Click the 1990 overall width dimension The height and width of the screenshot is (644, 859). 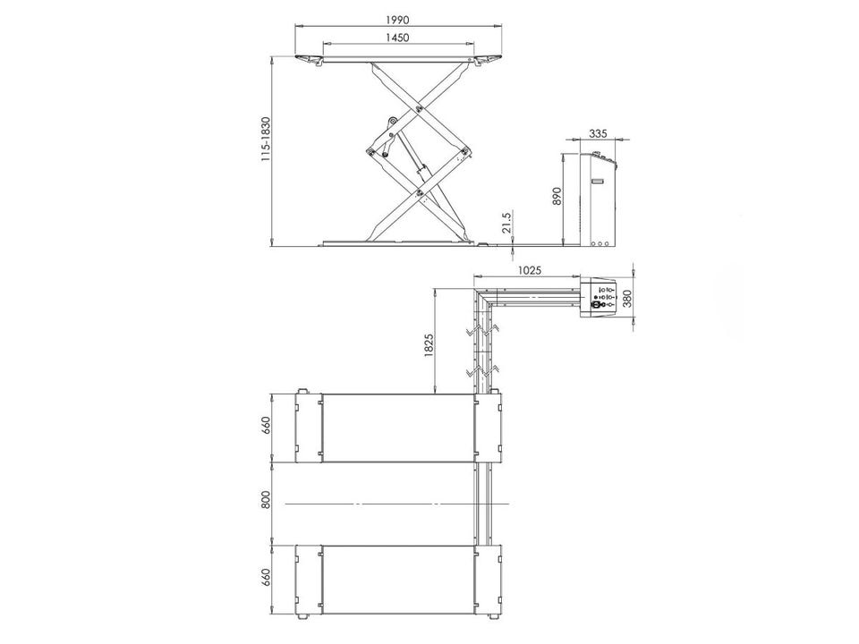pos(397,20)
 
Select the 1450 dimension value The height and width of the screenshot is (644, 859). pos(397,38)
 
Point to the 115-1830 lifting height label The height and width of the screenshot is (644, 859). pos(266,139)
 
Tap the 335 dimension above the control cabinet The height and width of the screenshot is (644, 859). pos(599,133)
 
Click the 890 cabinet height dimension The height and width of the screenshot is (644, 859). pos(557,197)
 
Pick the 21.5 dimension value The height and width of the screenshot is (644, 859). pos(506,224)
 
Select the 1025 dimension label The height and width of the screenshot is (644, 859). pos(529,269)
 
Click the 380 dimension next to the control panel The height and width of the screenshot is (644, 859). pos(627,299)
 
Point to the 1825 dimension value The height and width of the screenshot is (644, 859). pos(429,345)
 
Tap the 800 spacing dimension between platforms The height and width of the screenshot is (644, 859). pos(266,500)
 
